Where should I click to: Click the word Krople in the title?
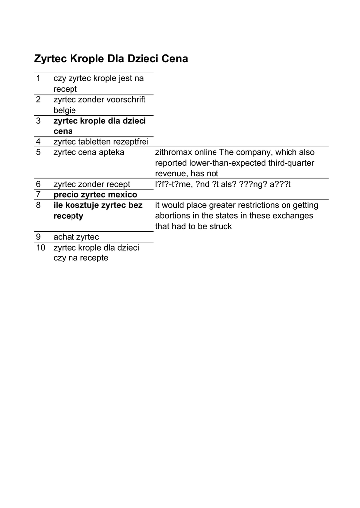[x=88, y=59]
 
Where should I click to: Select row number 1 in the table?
[x=38, y=78]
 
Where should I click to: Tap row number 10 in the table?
[x=40, y=247]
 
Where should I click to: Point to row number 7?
[x=38, y=194]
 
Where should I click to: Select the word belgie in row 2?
[x=65, y=110]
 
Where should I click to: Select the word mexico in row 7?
[x=122, y=194]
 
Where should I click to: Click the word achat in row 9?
[x=64, y=237]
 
